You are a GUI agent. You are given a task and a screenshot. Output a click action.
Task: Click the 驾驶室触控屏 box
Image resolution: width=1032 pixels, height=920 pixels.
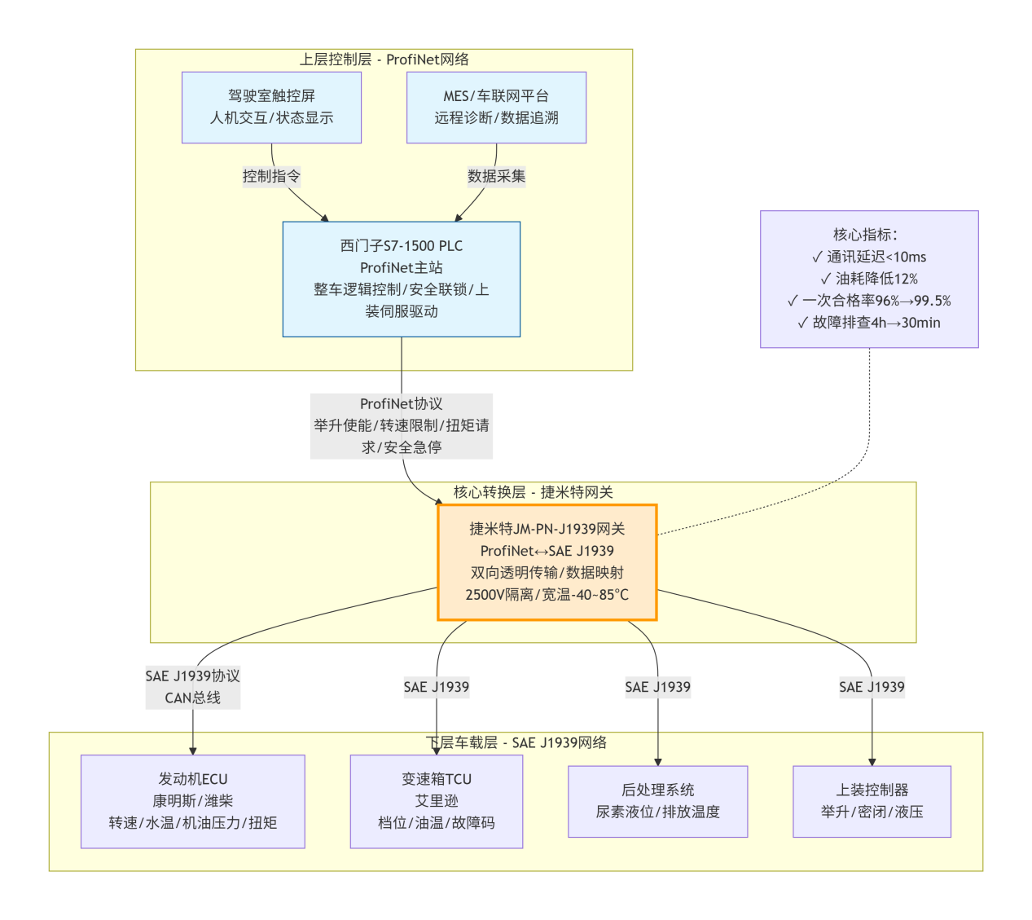tap(271, 108)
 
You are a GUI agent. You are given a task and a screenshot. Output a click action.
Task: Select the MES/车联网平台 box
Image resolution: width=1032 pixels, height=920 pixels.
tap(496, 108)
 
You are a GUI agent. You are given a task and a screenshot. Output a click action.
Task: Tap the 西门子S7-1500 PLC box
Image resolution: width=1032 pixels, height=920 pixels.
tap(401, 279)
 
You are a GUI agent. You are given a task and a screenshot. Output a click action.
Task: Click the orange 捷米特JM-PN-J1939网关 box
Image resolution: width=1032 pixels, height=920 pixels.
tap(547, 562)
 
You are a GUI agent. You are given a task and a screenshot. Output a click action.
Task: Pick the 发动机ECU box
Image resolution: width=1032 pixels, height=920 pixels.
tap(193, 801)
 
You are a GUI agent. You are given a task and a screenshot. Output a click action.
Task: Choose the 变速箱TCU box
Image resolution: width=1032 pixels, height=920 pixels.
tap(437, 801)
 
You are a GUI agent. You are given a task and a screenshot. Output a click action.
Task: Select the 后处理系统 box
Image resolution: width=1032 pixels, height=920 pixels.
tap(657, 801)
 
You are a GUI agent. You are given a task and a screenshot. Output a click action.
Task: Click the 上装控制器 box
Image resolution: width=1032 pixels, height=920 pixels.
tap(872, 801)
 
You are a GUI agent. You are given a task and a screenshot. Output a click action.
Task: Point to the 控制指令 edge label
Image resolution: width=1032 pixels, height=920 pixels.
tap(271, 176)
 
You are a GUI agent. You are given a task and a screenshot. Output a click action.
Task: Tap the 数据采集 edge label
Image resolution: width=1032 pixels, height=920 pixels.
tap(496, 176)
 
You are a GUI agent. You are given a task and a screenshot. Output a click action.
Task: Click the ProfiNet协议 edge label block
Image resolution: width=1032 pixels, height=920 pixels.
tap(401, 425)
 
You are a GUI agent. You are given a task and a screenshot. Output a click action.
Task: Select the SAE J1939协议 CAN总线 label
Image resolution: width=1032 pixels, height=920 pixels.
tap(193, 686)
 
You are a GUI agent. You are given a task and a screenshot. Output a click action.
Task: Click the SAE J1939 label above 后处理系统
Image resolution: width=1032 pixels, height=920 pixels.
tap(657, 687)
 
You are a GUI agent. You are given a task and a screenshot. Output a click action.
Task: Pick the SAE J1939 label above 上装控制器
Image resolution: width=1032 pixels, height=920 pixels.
tap(872, 687)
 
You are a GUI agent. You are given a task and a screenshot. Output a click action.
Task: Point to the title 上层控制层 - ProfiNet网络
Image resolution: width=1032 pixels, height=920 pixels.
tap(384, 59)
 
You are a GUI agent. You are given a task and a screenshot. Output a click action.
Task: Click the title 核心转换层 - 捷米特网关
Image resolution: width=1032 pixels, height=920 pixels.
tap(533, 492)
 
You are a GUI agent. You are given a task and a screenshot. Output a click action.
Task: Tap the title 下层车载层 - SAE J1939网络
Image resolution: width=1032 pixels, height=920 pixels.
tap(516, 742)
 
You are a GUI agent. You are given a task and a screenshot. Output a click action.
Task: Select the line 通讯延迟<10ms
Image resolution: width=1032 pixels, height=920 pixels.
tap(869, 257)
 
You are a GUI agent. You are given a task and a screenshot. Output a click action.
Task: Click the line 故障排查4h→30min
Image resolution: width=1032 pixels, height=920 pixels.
tap(869, 323)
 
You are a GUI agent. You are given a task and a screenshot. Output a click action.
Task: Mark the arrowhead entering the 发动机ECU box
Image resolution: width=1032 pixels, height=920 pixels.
tap(193, 751)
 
